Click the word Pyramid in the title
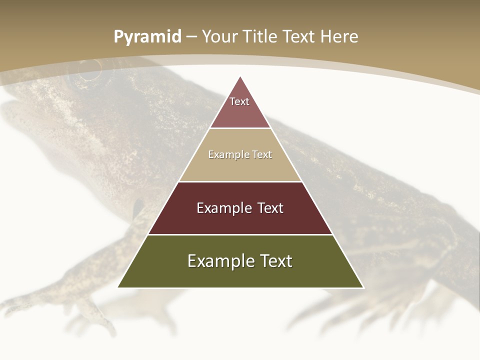[x=147, y=37]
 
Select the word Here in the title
[x=339, y=37]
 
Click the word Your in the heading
[x=219, y=37]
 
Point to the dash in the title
[x=191, y=37]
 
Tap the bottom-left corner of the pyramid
[x=118, y=287]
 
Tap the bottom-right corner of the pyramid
[x=363, y=287]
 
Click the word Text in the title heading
[x=299, y=37]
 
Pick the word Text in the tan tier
[x=261, y=155]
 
